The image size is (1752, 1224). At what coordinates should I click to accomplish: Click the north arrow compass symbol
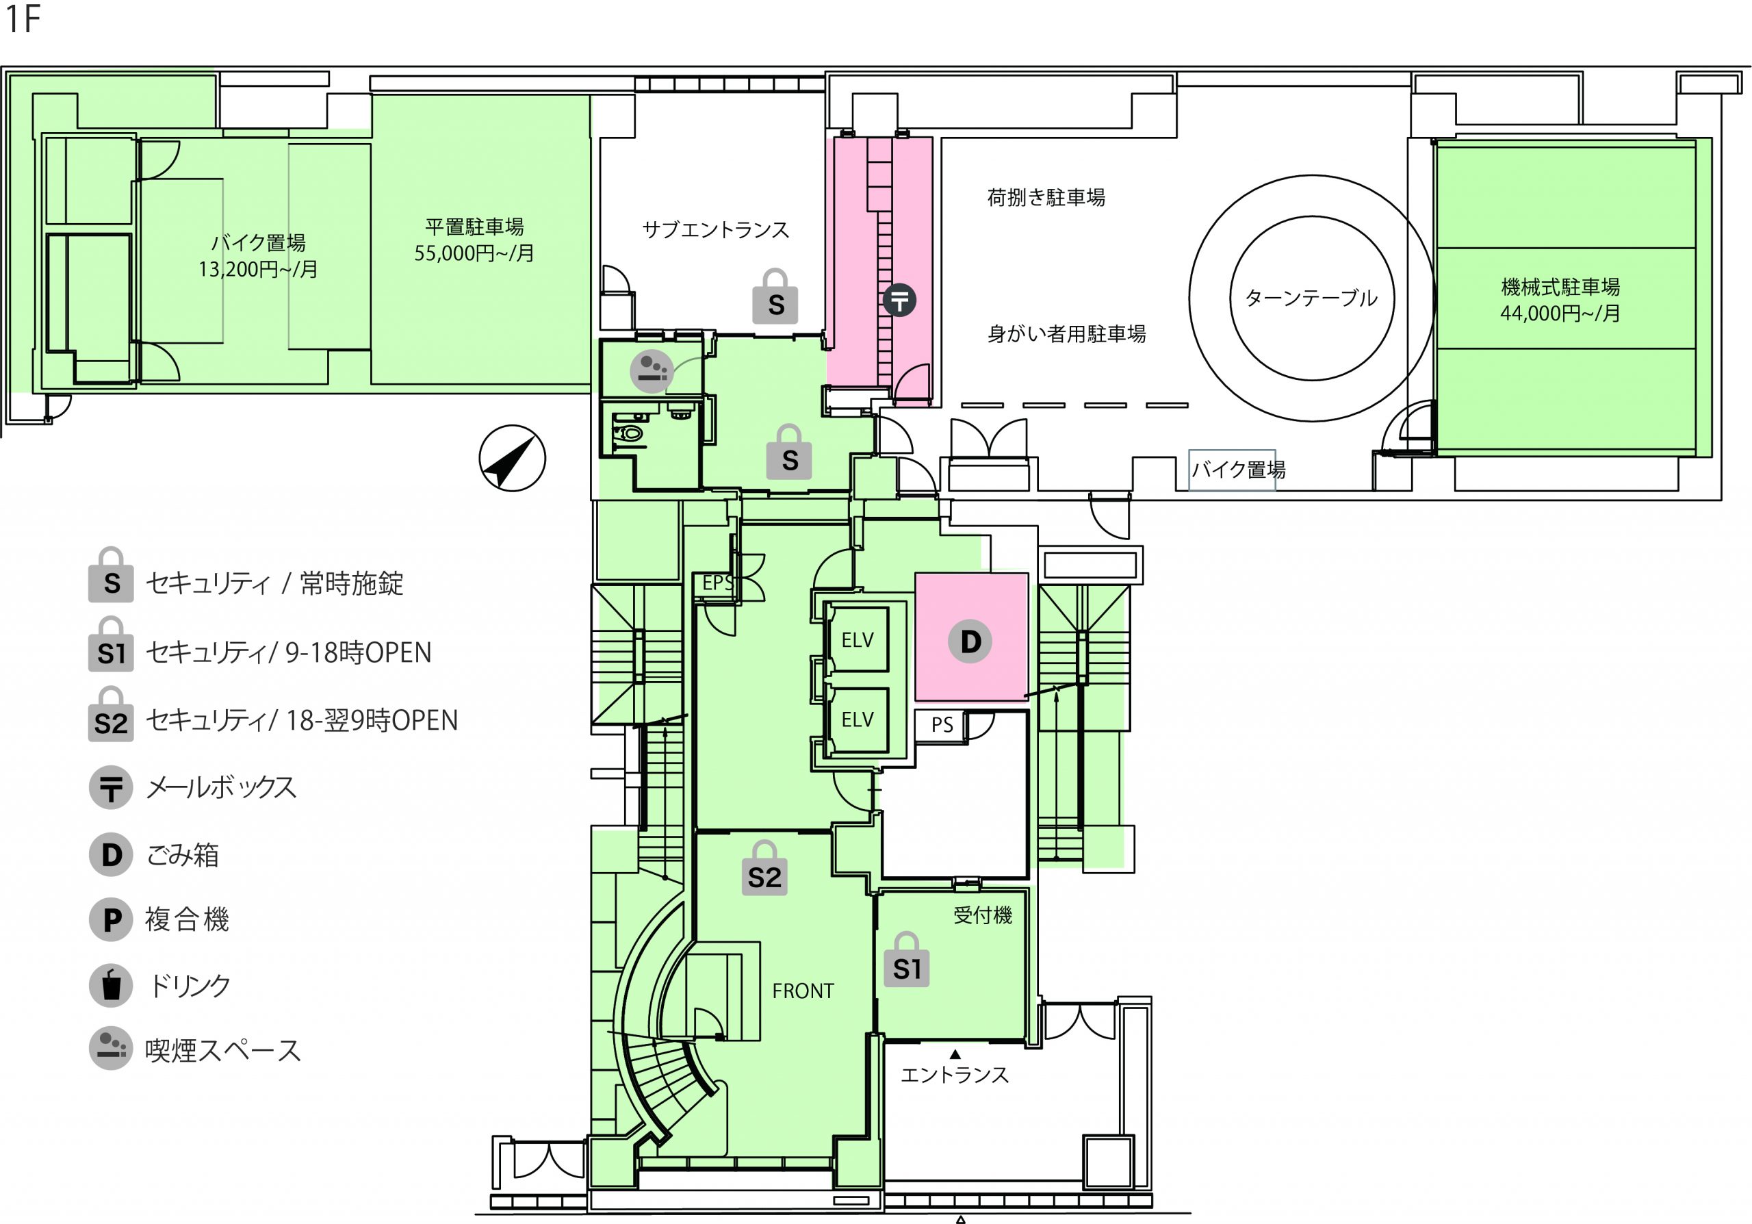(512, 459)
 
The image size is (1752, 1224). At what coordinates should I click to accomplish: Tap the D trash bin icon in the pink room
(970, 641)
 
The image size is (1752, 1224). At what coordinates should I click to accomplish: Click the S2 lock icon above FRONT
(764, 869)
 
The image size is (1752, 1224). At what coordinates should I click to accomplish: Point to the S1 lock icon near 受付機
(907, 960)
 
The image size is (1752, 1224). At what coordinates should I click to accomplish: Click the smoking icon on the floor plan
(652, 372)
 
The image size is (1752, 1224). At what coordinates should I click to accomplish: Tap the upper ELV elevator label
(858, 640)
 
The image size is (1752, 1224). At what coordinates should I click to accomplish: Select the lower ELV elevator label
(858, 719)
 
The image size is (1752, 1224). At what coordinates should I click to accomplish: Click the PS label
(942, 724)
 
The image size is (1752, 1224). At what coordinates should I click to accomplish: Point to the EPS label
(718, 583)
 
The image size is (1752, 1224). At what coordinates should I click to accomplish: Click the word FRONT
(803, 991)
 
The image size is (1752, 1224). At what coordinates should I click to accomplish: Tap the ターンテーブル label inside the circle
(1311, 298)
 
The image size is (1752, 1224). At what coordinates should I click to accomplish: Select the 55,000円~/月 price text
(474, 253)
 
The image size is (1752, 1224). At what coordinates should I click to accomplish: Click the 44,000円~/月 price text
(1560, 313)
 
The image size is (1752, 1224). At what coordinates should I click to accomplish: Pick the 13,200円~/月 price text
(258, 268)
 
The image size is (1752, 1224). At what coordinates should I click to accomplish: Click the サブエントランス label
(716, 230)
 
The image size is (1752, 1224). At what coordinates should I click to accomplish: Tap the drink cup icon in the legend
(112, 985)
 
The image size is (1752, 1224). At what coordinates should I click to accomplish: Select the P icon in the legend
(112, 919)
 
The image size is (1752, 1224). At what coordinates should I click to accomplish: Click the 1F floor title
(22, 18)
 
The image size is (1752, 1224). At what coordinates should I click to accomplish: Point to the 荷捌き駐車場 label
(1046, 198)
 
